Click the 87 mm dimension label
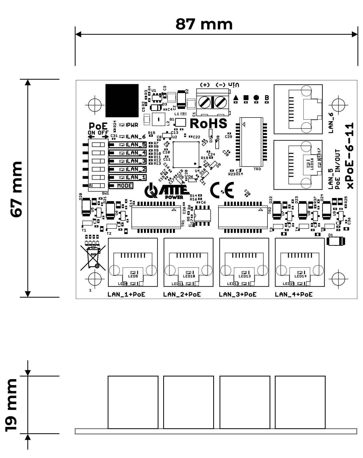(204, 24)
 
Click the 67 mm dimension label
(16, 189)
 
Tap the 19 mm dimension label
(12, 405)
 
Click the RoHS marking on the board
(208, 123)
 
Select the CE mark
(222, 190)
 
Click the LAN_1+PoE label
(126, 294)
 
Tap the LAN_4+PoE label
(294, 294)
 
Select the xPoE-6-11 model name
(350, 156)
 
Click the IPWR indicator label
(132, 125)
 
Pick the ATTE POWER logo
(167, 191)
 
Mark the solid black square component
(122, 100)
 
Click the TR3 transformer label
(257, 169)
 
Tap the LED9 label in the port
(133, 276)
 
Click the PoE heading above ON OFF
(98, 126)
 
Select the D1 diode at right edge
(336, 241)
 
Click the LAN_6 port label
(331, 123)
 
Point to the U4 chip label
(197, 171)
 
